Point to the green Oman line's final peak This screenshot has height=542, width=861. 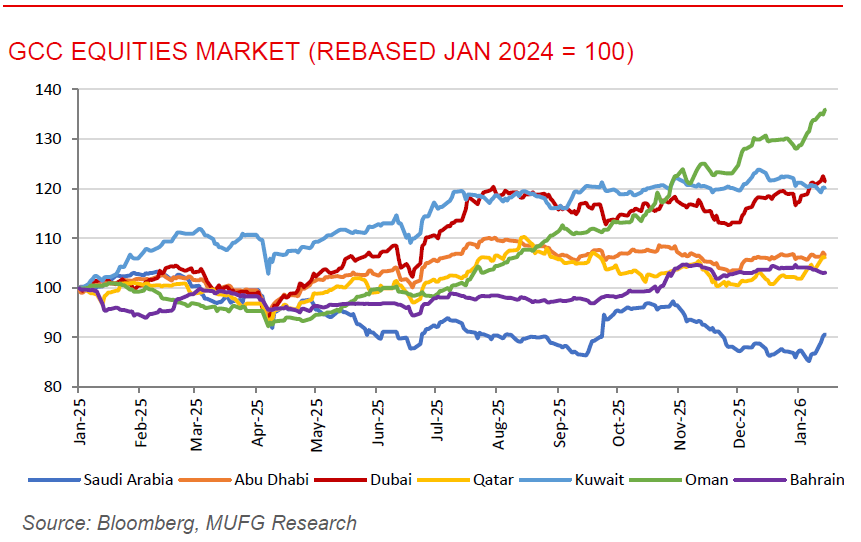pyautogui.click(x=824, y=110)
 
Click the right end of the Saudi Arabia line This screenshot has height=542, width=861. pyautogui.click(x=824, y=335)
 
